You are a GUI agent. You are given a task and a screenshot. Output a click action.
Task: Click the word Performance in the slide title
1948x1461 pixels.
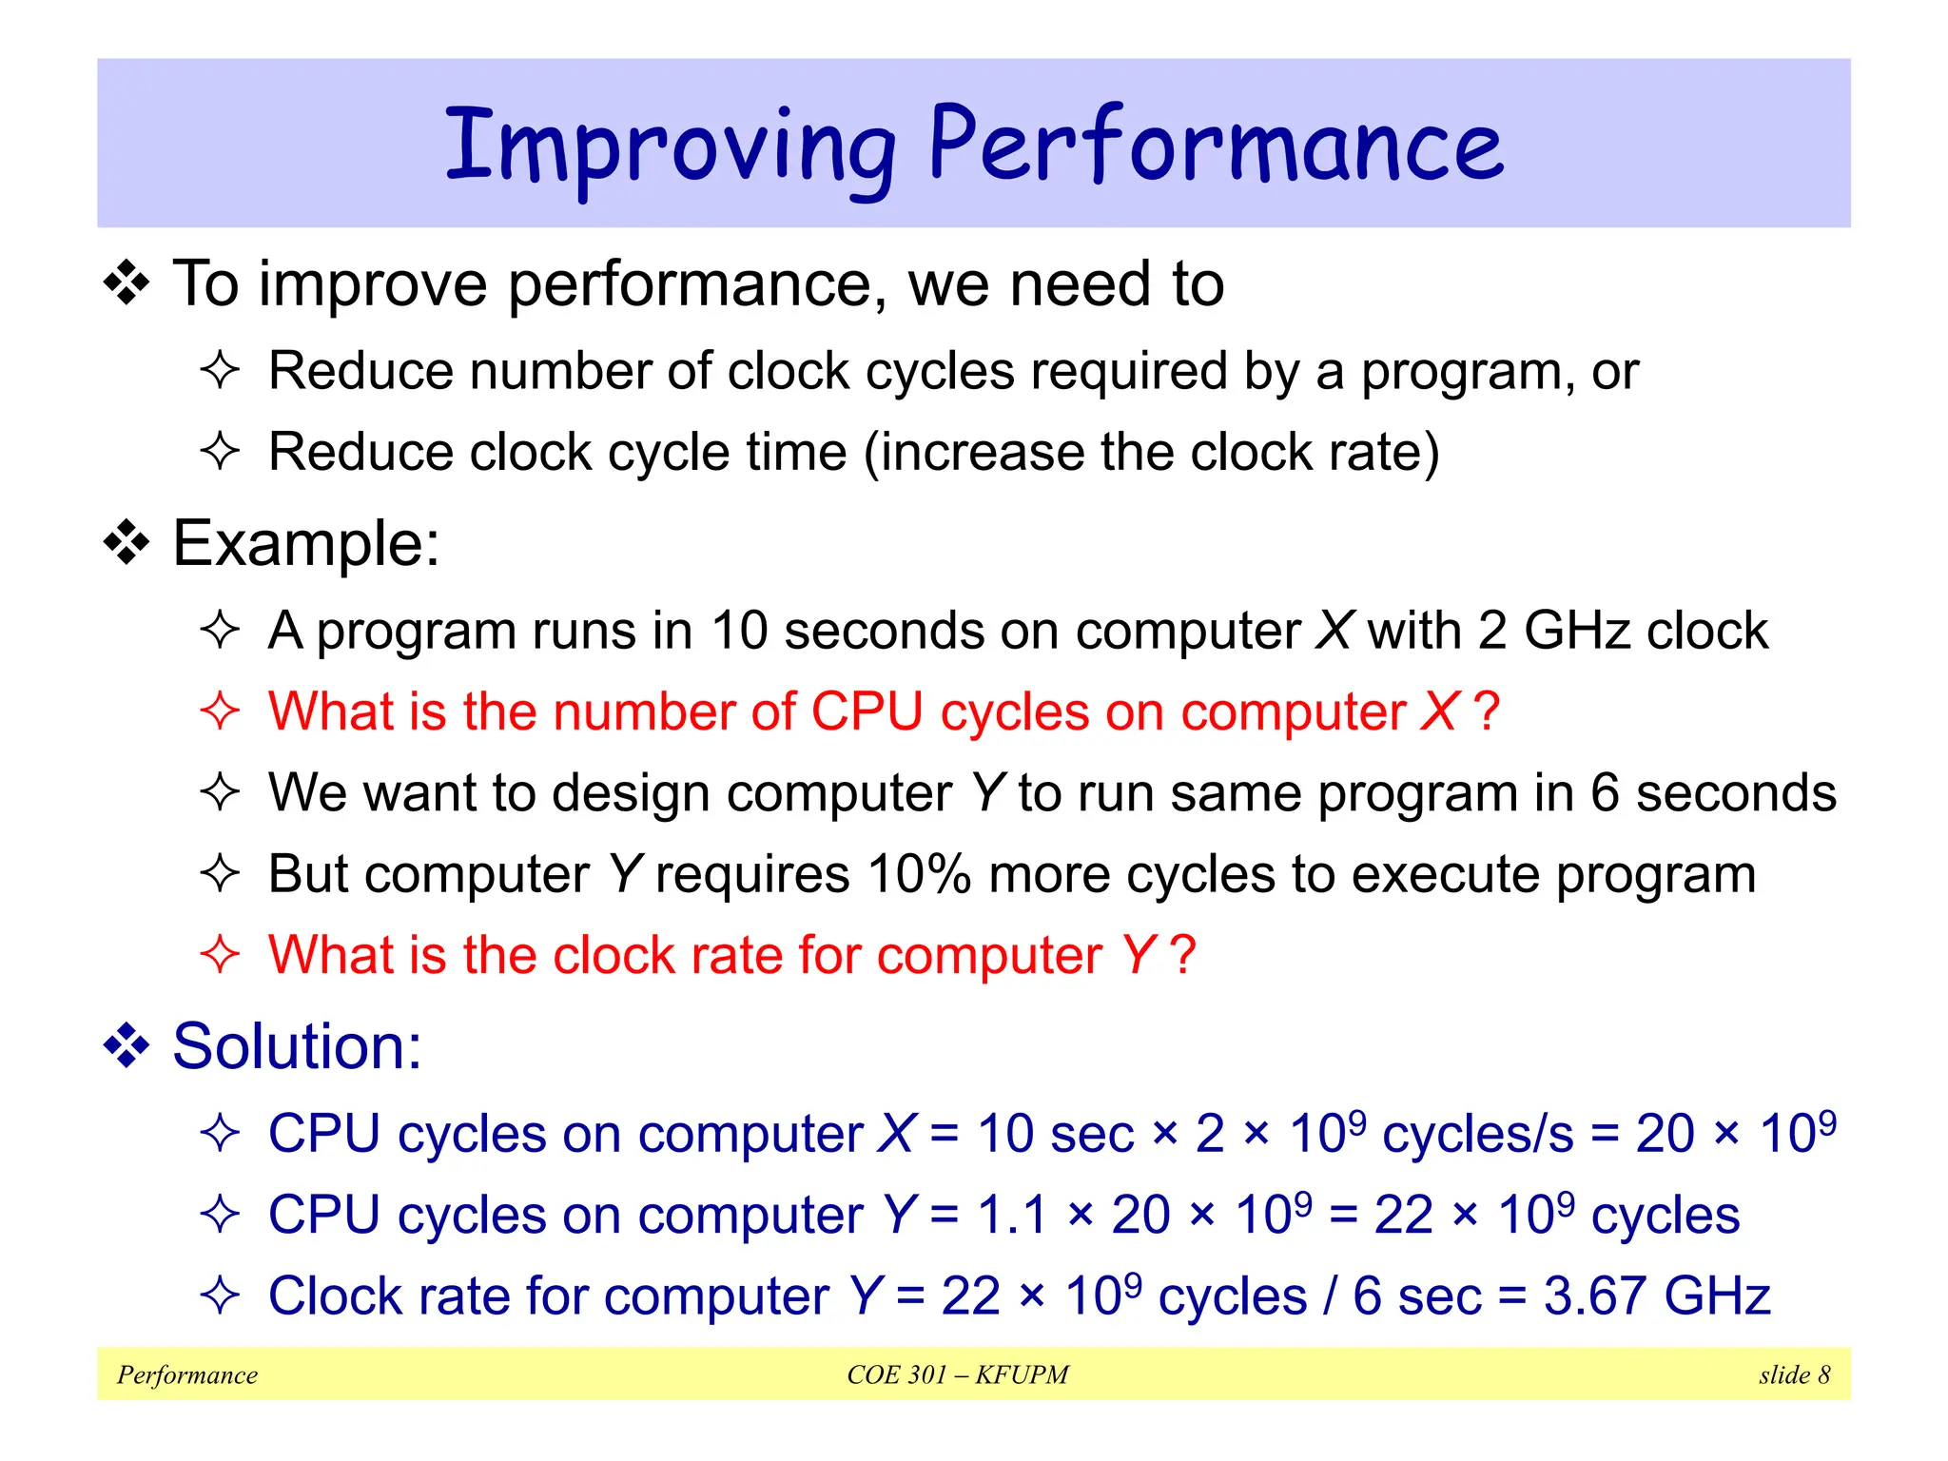[1216, 145]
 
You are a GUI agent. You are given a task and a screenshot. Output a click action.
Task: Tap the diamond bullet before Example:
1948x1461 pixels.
[127, 544]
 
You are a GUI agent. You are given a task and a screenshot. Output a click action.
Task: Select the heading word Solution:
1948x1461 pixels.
[297, 1046]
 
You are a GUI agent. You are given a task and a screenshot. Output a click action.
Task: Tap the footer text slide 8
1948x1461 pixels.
[1794, 1374]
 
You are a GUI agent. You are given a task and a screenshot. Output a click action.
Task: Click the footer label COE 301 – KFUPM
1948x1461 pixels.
[958, 1374]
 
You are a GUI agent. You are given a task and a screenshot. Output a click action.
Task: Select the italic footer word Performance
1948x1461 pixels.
[187, 1374]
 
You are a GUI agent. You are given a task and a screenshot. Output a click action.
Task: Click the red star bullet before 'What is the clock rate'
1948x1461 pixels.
[220, 954]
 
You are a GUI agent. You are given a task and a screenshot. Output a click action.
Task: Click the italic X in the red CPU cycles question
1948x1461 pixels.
[1438, 711]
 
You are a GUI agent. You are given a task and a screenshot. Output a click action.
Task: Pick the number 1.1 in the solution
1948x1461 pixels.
[1011, 1215]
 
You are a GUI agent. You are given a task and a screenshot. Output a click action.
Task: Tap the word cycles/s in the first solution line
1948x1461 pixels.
[1478, 1134]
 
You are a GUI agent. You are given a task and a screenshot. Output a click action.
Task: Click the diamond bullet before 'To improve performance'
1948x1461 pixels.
[127, 284]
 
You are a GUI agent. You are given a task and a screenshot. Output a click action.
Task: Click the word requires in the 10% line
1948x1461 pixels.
[752, 874]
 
